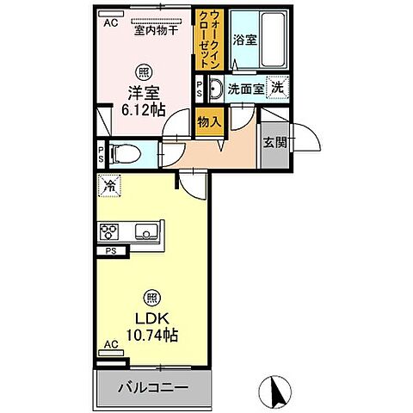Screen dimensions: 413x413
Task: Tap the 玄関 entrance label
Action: tap(274, 141)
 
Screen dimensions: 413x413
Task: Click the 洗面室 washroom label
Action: tap(243, 88)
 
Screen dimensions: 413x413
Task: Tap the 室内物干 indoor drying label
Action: tap(155, 31)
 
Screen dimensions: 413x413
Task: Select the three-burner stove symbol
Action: tap(110, 231)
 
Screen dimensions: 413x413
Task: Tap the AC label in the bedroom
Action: tap(111, 24)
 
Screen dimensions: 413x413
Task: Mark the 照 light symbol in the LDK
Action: tap(151, 294)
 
